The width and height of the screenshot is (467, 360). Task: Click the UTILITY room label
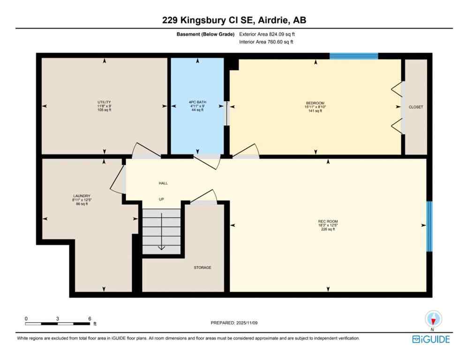pyautogui.click(x=104, y=102)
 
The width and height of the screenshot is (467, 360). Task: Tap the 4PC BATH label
pyautogui.click(x=197, y=102)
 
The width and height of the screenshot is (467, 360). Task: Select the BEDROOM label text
pyautogui.click(x=315, y=103)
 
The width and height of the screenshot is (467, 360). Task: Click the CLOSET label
pyautogui.click(x=415, y=107)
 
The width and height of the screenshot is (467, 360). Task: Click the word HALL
pyautogui.click(x=163, y=183)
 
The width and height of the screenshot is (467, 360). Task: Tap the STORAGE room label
pyautogui.click(x=203, y=268)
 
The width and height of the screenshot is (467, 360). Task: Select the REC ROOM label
pyautogui.click(x=328, y=222)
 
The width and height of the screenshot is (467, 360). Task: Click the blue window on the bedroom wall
pyautogui.click(x=354, y=56)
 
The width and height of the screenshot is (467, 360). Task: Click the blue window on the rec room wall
pyautogui.click(x=429, y=226)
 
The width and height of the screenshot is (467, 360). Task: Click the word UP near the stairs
pyautogui.click(x=161, y=199)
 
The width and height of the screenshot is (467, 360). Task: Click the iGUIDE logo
pyautogui.click(x=431, y=339)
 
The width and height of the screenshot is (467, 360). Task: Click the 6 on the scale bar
pyautogui.click(x=90, y=318)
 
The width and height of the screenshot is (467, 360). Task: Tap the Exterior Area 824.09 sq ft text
pyautogui.click(x=267, y=34)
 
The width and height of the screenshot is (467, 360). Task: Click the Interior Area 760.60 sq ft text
pyautogui.click(x=266, y=42)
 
